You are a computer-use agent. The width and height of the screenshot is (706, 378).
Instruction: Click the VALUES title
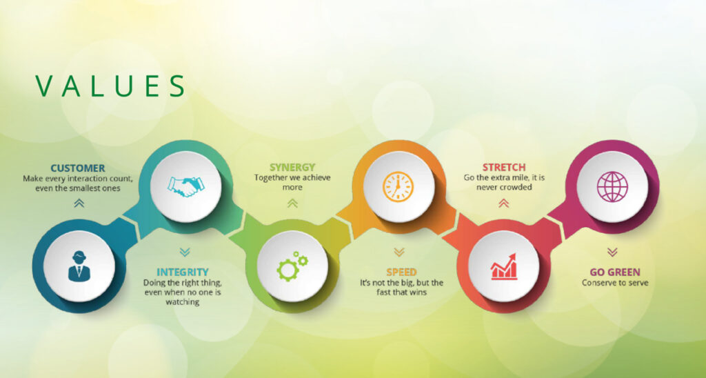(110, 86)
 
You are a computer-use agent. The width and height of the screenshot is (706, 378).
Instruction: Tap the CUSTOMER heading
(78, 168)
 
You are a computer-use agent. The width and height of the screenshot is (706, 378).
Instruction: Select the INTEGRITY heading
(182, 272)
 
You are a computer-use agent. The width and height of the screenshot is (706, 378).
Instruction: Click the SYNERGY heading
(292, 168)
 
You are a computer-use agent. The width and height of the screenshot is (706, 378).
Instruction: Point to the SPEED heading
(401, 272)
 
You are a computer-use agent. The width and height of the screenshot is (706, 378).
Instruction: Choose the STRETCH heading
(504, 168)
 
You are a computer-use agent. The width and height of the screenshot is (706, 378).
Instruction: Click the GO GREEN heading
(614, 272)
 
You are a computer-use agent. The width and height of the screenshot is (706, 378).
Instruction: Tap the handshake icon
(185, 186)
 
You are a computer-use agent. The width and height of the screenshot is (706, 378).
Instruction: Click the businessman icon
(79, 266)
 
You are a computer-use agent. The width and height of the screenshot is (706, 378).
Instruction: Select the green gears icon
(292, 266)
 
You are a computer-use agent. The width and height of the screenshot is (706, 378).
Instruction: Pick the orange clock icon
(398, 186)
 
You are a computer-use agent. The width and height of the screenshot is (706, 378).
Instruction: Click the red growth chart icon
(504, 267)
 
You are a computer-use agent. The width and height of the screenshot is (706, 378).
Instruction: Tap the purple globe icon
(612, 186)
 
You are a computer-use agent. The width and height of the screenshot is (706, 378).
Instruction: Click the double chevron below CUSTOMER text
(79, 203)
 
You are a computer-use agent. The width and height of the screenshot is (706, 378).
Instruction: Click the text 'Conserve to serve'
(615, 283)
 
